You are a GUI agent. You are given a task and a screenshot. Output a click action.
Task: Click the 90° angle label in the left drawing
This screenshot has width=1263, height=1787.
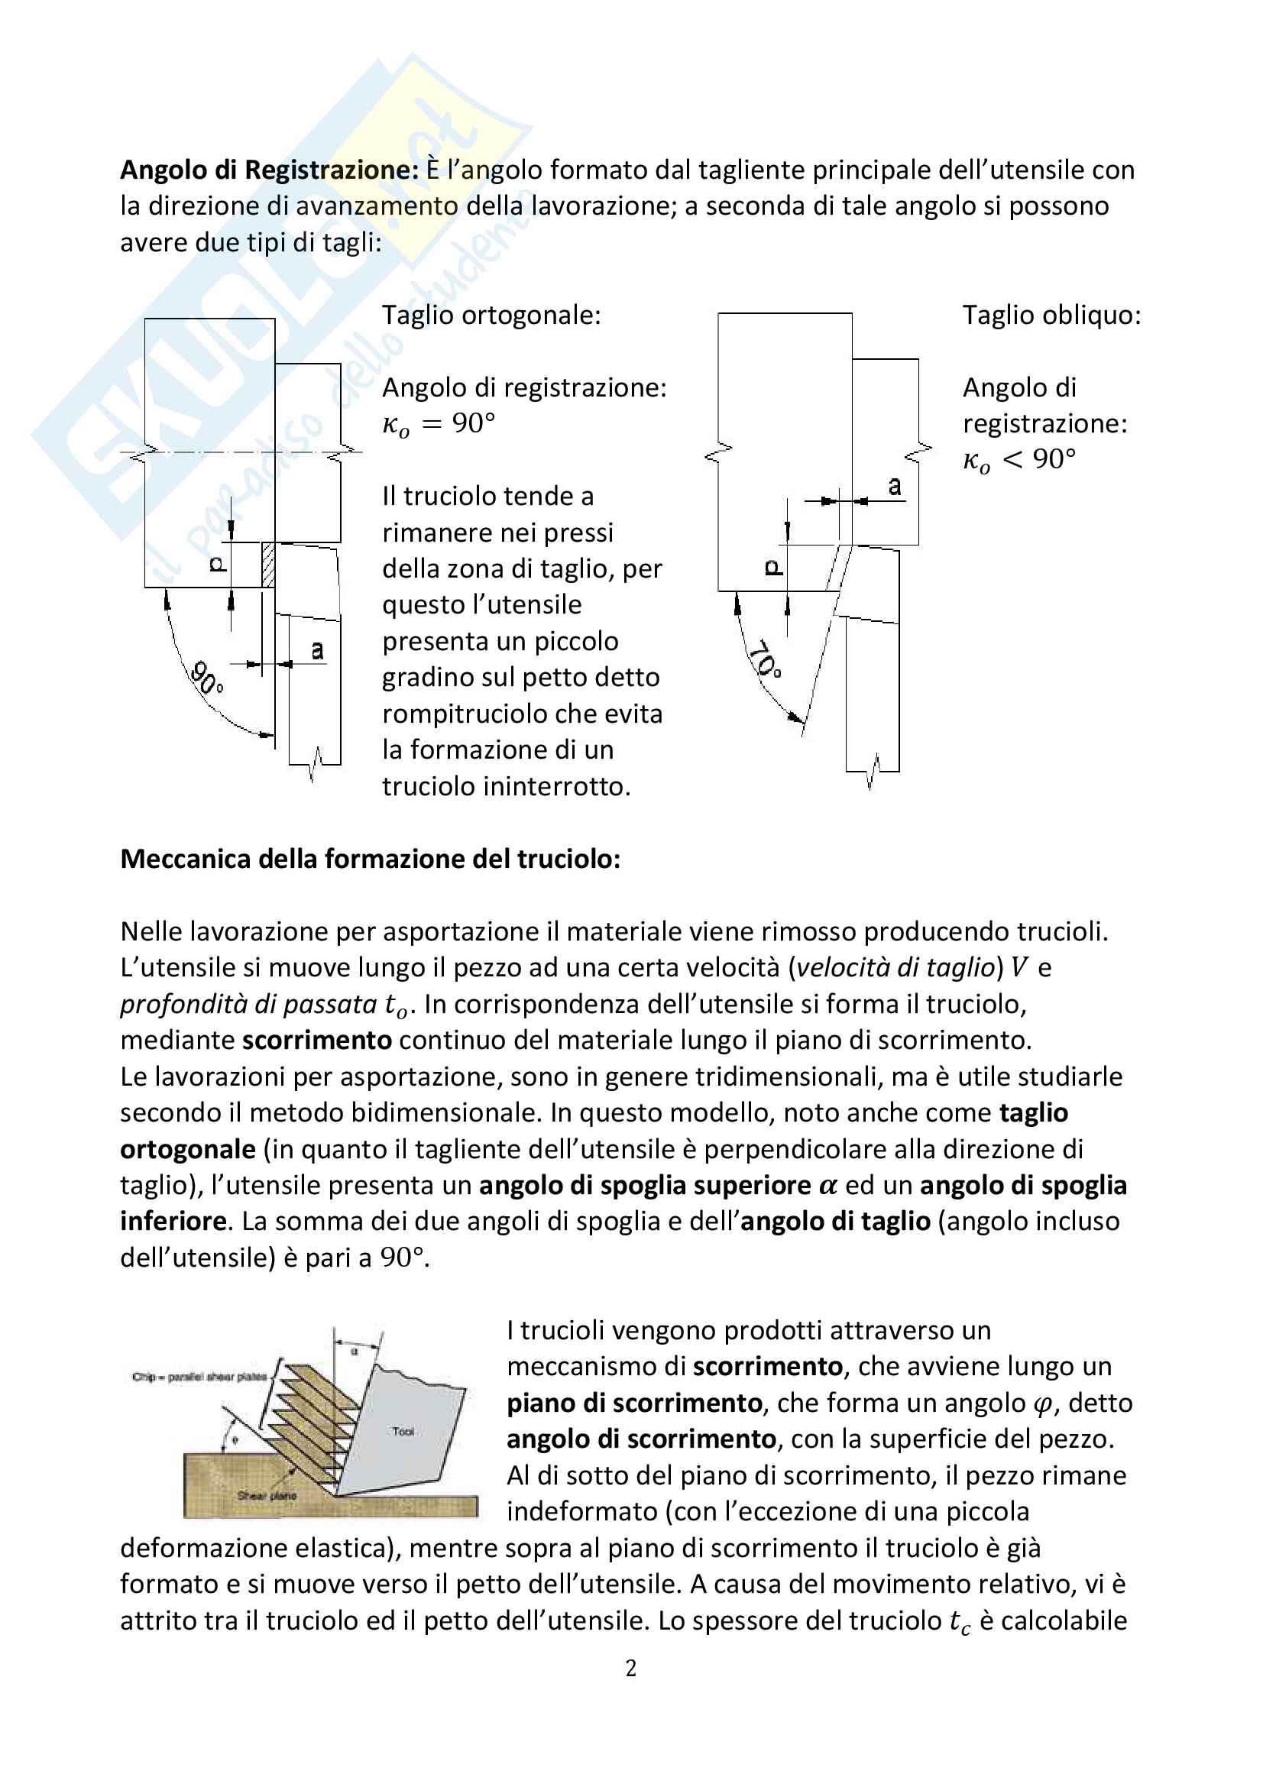tap(206, 678)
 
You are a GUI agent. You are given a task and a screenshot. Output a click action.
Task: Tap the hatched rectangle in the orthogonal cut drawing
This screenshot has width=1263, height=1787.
tap(268, 565)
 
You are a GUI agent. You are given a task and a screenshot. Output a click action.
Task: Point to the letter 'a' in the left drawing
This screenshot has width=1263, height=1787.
tap(318, 649)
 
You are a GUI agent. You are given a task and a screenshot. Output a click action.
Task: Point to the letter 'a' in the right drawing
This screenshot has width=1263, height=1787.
tap(895, 487)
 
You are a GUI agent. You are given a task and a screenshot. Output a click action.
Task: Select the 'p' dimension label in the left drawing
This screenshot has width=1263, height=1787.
tap(218, 565)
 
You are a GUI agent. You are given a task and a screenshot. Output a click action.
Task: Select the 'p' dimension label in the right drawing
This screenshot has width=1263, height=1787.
tap(772, 568)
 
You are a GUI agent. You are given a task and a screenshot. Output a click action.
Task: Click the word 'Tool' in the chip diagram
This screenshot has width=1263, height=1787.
tap(403, 1431)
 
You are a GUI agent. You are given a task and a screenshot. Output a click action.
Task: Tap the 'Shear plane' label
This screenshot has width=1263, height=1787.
tap(266, 1495)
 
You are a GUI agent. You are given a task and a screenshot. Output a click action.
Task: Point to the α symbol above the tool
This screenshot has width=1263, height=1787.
tap(355, 1352)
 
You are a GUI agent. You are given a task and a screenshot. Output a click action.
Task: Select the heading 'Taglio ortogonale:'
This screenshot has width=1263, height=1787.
tap(491, 316)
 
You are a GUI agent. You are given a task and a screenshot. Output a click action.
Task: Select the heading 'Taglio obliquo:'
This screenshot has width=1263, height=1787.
tap(1051, 316)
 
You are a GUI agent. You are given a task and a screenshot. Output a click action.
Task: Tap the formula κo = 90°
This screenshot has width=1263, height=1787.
tap(438, 424)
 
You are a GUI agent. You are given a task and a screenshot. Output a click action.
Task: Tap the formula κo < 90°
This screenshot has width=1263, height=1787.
tap(1018, 460)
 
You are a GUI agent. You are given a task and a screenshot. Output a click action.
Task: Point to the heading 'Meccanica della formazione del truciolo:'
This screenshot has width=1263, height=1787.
tap(371, 859)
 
